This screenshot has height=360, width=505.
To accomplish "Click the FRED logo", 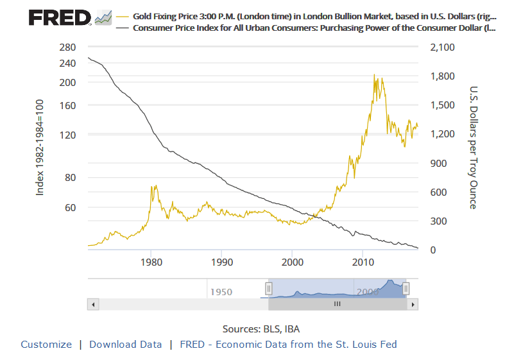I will click(60, 17).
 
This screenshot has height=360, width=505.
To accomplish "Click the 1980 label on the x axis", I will click(151, 262).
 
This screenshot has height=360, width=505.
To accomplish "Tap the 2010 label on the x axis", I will click(363, 262).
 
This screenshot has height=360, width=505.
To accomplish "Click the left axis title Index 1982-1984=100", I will click(40, 148).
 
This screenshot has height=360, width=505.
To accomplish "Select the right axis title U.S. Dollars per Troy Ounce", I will click(474, 147).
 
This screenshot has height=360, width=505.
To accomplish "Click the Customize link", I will click(46, 345).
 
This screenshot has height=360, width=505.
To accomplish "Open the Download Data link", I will click(125, 345).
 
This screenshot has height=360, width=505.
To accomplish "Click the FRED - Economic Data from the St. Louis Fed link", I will click(288, 345).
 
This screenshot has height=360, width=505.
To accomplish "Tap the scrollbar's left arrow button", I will click(92, 304).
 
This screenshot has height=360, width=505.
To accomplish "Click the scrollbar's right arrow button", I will click(413, 304).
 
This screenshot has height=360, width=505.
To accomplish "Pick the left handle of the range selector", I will click(270, 289).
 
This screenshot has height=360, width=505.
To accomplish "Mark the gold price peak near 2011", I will click(374, 75).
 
